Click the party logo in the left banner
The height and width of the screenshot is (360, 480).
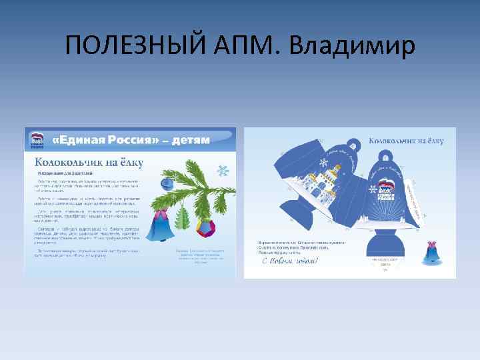tap(37, 141)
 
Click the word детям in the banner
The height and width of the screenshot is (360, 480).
tap(190, 140)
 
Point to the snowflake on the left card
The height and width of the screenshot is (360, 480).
tap(223, 171)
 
